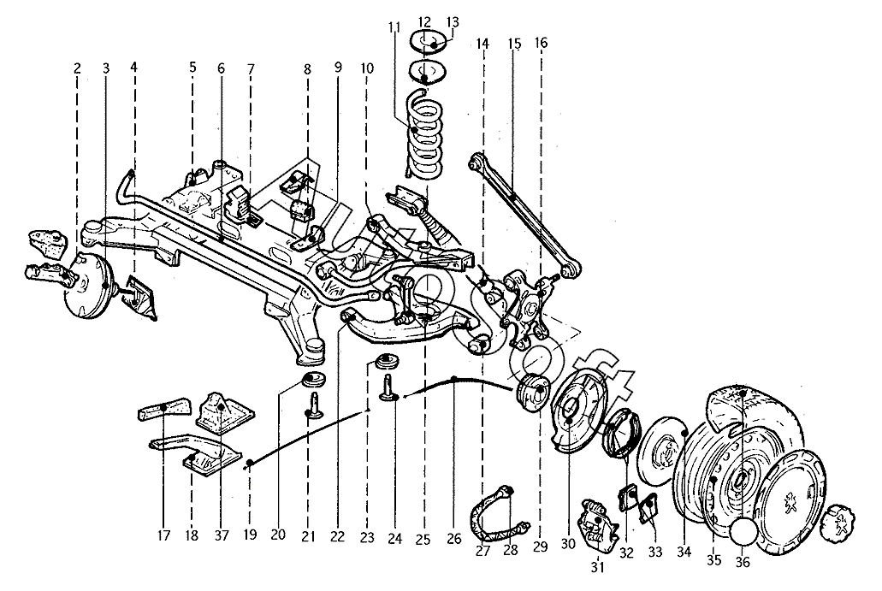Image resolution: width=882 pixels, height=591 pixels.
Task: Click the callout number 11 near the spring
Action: [394, 27]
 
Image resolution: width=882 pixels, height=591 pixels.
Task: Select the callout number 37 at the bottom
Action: [222, 535]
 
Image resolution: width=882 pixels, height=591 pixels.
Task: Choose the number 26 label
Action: [454, 539]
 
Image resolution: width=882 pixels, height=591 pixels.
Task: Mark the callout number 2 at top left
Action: [77, 68]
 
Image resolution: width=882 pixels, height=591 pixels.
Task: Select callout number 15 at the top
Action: [515, 44]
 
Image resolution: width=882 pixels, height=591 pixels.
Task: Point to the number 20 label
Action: [278, 535]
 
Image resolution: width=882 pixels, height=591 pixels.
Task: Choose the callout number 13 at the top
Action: [453, 22]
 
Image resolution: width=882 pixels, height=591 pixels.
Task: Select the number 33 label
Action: [654, 553]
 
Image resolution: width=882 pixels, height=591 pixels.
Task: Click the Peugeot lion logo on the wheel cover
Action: [790, 501]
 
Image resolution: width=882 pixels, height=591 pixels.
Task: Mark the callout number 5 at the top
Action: [193, 68]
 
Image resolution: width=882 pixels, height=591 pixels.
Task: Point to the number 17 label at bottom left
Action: [163, 535]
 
